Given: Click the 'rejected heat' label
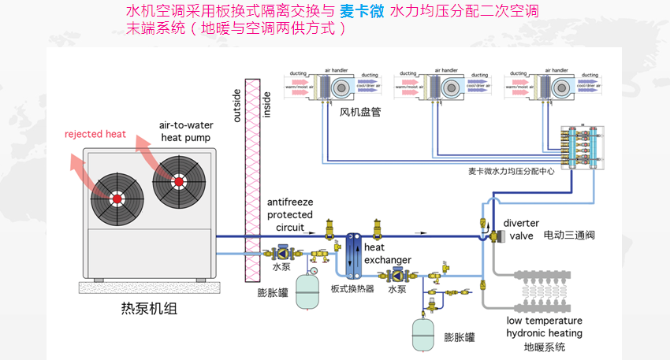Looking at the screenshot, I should (95, 134).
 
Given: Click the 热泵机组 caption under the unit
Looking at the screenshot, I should (151, 308).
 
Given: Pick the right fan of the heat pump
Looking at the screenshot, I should (179, 180).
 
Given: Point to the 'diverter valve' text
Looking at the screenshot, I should (520, 228).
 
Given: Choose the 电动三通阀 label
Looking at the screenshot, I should (572, 236).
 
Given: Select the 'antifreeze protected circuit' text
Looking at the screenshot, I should (290, 215).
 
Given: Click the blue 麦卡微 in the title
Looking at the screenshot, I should (363, 13).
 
